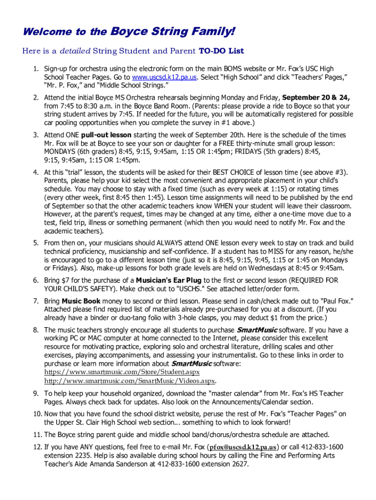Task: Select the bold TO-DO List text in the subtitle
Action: coord(221,51)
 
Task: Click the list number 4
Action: coord(36,172)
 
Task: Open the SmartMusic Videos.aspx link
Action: coord(129,380)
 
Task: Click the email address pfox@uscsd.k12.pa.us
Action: coord(243,447)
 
